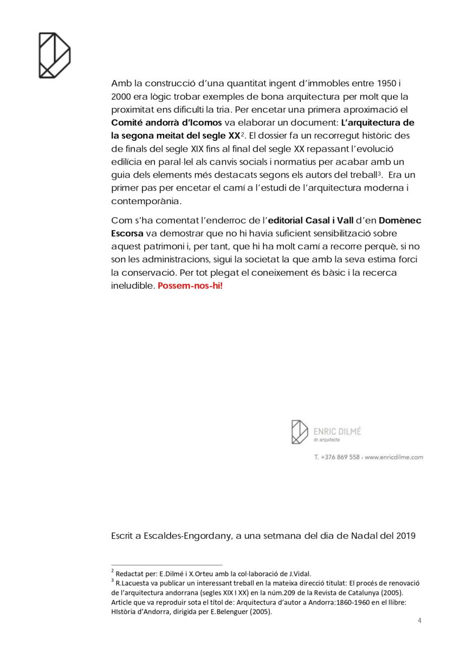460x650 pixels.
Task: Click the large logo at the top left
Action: tap(54, 55)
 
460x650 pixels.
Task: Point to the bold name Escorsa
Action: tap(127, 233)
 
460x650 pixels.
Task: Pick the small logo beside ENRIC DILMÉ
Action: tap(300, 432)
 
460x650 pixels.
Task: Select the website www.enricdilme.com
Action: tap(394, 457)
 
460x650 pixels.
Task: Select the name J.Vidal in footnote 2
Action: tap(299, 574)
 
